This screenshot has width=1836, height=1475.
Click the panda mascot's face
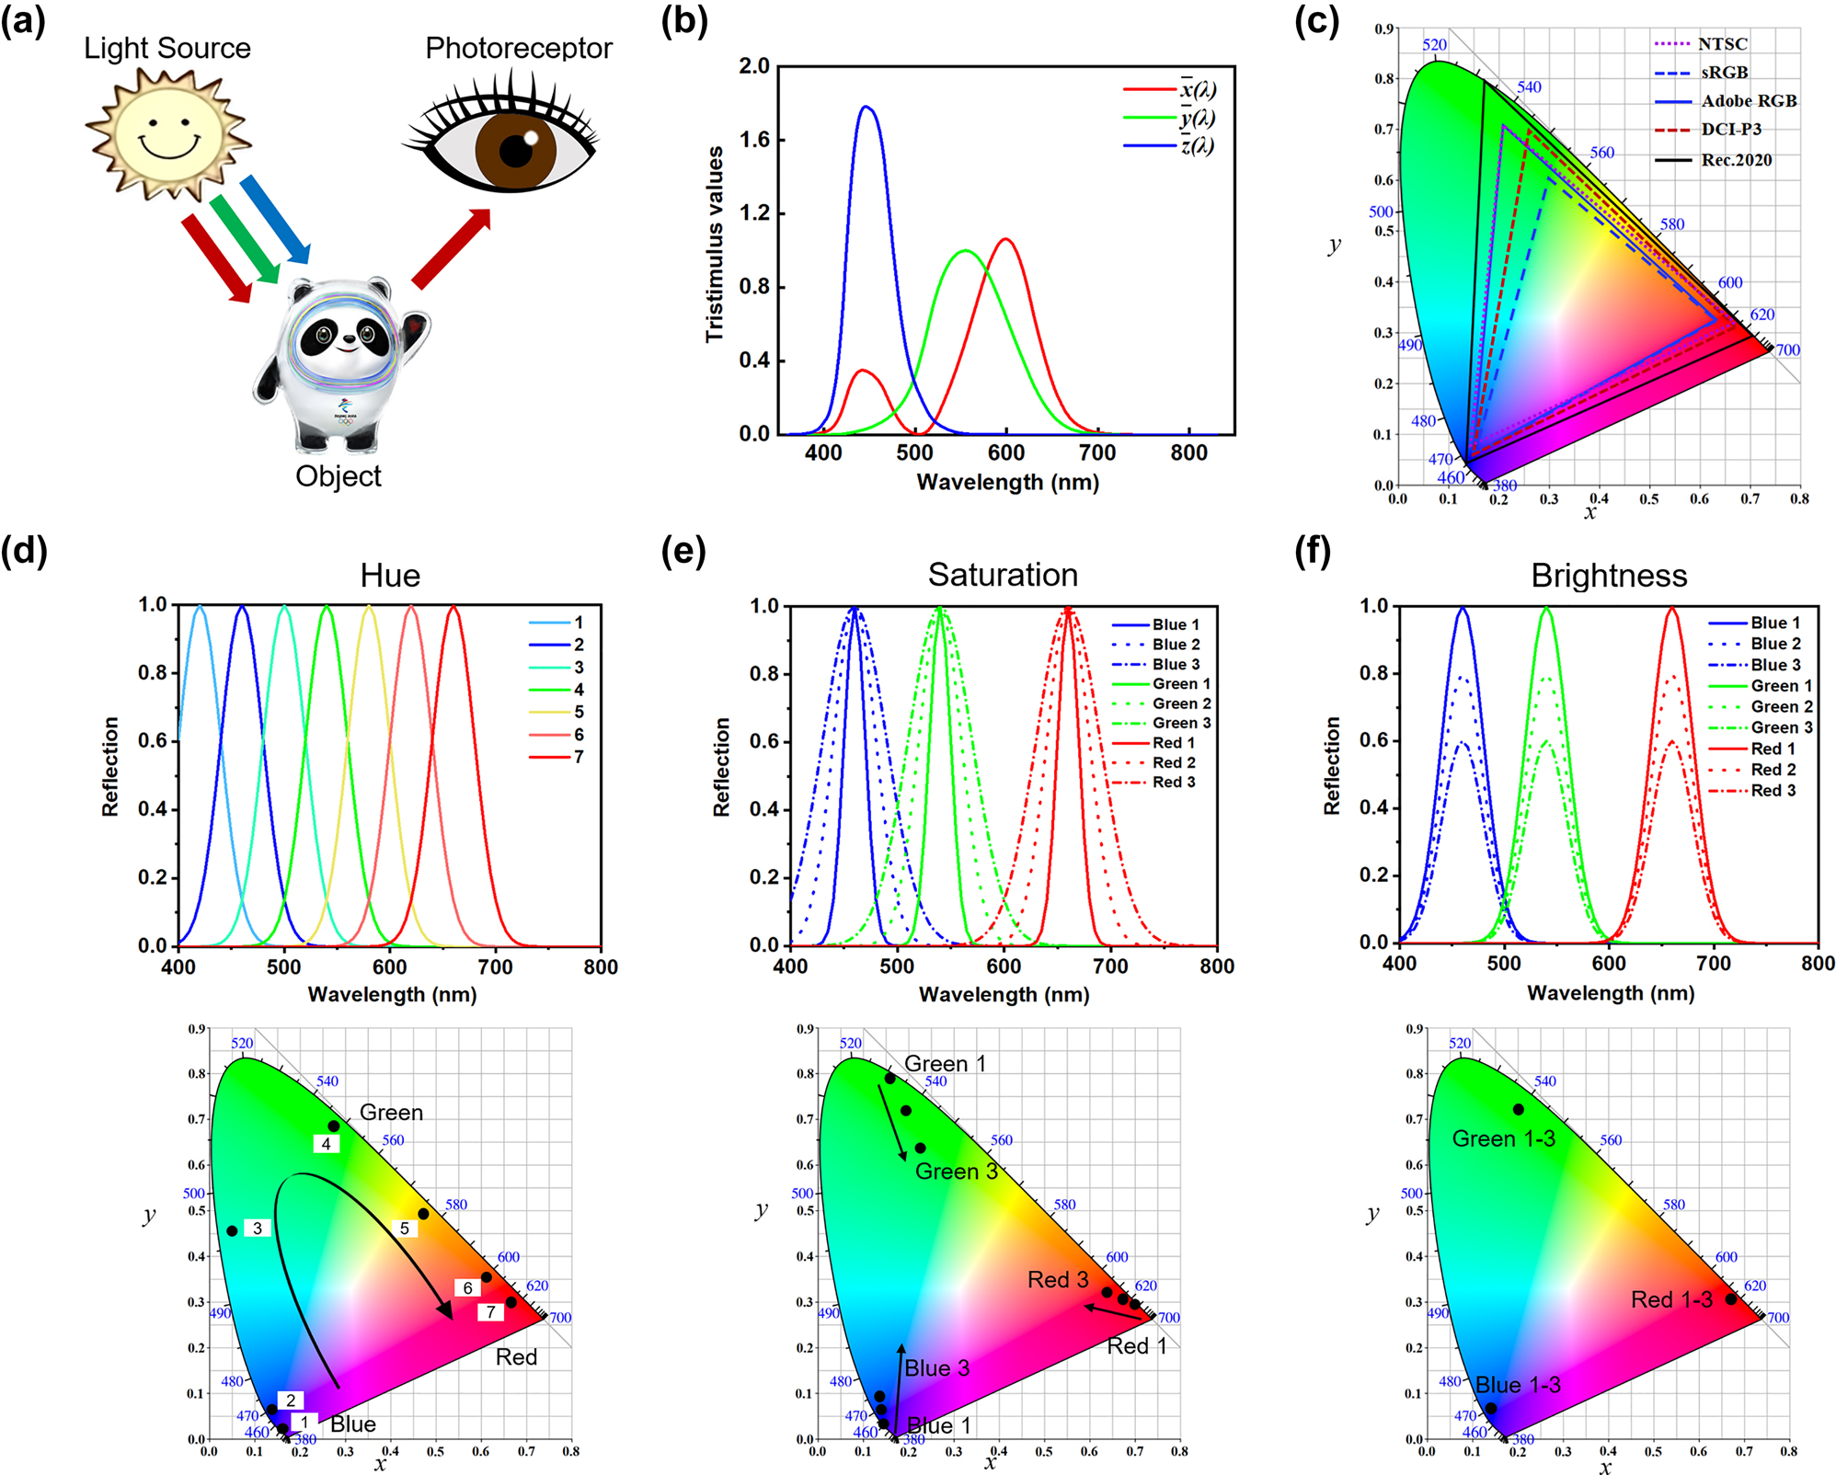pyautogui.click(x=345, y=336)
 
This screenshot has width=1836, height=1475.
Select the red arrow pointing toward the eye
pyautogui.click(x=451, y=248)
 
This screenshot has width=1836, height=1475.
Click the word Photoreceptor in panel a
pyautogui.click(x=518, y=48)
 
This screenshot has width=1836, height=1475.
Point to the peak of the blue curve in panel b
pyautogui.click(x=866, y=107)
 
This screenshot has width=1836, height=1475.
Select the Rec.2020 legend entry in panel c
pyautogui.click(x=1736, y=160)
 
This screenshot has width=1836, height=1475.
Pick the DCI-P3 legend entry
pyautogui.click(x=1730, y=130)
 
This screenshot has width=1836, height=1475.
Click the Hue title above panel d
pyautogui.click(x=390, y=576)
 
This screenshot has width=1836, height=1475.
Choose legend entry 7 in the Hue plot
pyautogui.click(x=578, y=757)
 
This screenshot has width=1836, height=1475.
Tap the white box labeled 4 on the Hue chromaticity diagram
pyautogui.click(x=326, y=1144)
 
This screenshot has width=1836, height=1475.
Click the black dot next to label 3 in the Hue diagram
pyautogui.click(x=232, y=1230)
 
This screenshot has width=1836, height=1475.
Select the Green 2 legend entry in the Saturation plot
pyautogui.click(x=1181, y=703)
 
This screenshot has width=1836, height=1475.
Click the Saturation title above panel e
pyautogui.click(x=1003, y=575)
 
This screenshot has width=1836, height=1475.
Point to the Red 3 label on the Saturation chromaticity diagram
pyautogui.click(x=1058, y=1279)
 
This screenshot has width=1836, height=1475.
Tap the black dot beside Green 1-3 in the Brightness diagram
pyautogui.click(x=1518, y=1110)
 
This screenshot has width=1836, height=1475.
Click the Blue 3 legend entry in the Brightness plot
pyautogui.click(x=1775, y=665)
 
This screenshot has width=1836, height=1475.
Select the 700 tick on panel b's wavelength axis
pyautogui.click(x=1097, y=452)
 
